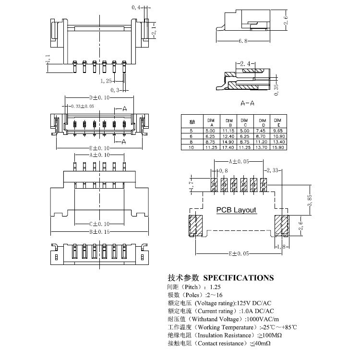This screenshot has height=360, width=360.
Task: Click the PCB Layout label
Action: (x=236, y=210)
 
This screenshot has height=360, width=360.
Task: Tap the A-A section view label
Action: (x=248, y=103)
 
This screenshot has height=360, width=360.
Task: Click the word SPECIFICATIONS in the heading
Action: (x=239, y=277)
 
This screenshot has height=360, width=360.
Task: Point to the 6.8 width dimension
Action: (x=243, y=42)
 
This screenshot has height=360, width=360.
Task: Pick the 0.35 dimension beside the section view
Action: (x=276, y=90)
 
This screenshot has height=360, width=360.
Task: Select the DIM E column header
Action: (x=277, y=121)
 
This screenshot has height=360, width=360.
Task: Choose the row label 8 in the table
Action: (x=192, y=142)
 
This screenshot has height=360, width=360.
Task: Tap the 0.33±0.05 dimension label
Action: (x=82, y=106)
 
